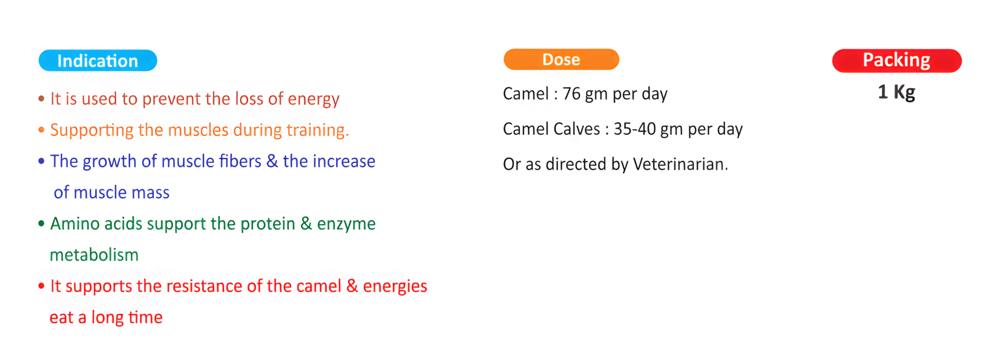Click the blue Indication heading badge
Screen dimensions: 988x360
[x=98, y=60]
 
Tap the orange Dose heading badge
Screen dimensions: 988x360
[x=561, y=59]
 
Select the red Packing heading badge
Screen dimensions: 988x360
[x=897, y=60]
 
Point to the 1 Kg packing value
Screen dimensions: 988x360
[x=896, y=92]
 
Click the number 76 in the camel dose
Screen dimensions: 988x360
[x=572, y=94]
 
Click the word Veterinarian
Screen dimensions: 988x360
[x=680, y=164]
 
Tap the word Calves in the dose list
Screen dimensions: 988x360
[x=576, y=129]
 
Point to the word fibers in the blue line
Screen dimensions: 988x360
[x=240, y=161]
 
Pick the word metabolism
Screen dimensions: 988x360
[x=94, y=254]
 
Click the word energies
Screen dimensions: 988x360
[x=395, y=287]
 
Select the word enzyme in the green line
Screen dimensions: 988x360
[x=346, y=224]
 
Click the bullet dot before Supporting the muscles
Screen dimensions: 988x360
[x=41, y=130]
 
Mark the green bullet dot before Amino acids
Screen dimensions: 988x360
[x=41, y=223]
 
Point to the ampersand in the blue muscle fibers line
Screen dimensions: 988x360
[x=272, y=161]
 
